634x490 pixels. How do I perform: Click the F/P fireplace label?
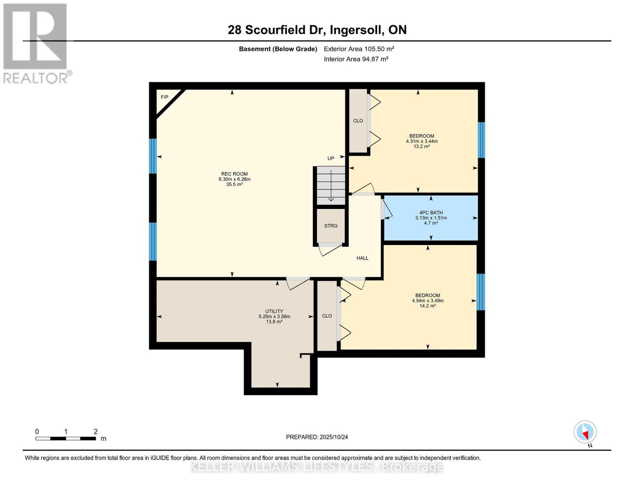coord(165,97)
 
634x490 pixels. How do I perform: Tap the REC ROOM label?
coord(234,174)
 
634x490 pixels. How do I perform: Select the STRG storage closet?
coord(331,225)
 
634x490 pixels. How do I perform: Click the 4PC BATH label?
coord(431,213)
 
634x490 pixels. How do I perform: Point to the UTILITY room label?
coord(274,311)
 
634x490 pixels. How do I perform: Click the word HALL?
coord(363,258)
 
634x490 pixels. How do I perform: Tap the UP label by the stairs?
coord(331,158)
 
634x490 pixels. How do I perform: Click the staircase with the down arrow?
coord(331,186)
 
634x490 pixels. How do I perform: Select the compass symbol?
coord(585,432)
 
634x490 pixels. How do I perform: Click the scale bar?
coord(66,439)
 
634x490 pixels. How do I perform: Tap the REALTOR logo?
coord(35,43)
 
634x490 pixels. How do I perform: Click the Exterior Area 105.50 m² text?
coord(359,49)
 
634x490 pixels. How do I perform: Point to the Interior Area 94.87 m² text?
coord(356,59)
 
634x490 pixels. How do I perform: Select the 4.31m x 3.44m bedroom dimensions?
coord(422,141)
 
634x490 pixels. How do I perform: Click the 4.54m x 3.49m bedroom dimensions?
coord(428,301)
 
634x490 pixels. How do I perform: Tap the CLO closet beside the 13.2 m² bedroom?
coord(358,121)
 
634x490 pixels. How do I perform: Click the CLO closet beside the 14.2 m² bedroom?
coord(327,316)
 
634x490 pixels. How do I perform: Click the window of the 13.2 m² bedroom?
coord(481,140)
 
